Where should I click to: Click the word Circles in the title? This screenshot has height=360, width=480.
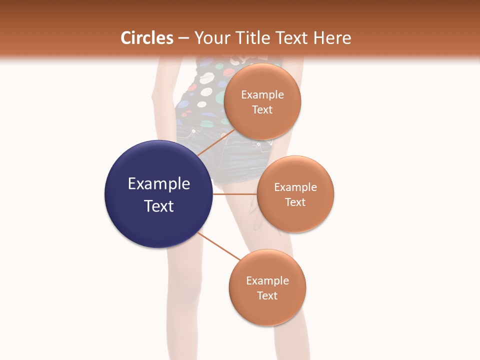[x=147, y=38]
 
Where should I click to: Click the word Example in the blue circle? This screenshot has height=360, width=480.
[x=159, y=184]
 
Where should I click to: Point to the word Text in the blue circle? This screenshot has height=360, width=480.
[x=159, y=206]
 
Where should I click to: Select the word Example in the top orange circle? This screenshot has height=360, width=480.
[x=262, y=95]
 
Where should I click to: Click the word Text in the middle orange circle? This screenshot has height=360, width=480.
[x=295, y=202]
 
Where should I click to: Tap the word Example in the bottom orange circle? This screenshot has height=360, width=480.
[x=267, y=281]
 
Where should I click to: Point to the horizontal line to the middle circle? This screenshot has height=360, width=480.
[x=235, y=194]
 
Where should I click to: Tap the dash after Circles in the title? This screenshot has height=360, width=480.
[x=183, y=38]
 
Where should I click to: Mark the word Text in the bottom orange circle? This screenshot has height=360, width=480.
[x=267, y=295]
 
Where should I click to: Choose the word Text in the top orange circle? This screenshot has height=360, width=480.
[x=262, y=109]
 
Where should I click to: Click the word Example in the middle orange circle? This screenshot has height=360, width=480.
[x=295, y=187]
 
